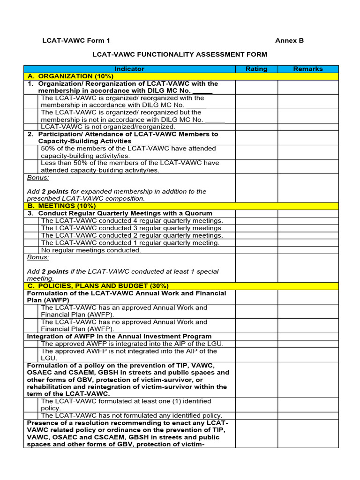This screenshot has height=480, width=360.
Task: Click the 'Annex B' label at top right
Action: click(x=289, y=41)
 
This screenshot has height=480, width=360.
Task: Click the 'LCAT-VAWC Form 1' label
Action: click(x=76, y=41)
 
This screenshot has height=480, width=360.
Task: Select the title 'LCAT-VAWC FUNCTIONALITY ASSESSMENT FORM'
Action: click(x=180, y=55)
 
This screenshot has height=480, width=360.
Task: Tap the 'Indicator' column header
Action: click(x=129, y=69)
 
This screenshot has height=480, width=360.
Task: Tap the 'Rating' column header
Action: click(x=256, y=69)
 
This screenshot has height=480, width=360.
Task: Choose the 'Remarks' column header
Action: click(x=308, y=69)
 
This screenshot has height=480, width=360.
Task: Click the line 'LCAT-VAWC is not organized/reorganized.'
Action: click(x=108, y=127)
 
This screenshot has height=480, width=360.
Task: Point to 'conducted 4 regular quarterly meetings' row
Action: click(x=132, y=221)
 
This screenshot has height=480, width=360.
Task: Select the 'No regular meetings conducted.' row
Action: click(x=91, y=250)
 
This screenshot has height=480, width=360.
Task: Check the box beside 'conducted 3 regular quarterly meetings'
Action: click(x=31, y=228)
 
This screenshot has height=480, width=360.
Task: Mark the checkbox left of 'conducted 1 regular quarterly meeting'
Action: click(x=31, y=243)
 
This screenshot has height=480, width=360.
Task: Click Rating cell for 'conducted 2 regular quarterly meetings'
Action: click(x=256, y=236)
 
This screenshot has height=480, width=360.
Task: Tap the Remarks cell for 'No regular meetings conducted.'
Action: click(x=308, y=250)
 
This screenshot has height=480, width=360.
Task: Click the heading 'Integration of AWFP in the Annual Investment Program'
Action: click(x=119, y=337)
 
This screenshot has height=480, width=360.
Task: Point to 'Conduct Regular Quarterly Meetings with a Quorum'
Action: click(x=125, y=213)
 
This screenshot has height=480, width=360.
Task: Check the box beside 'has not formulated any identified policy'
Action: click(x=31, y=416)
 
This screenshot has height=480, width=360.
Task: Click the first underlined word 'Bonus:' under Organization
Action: click(x=38, y=178)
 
